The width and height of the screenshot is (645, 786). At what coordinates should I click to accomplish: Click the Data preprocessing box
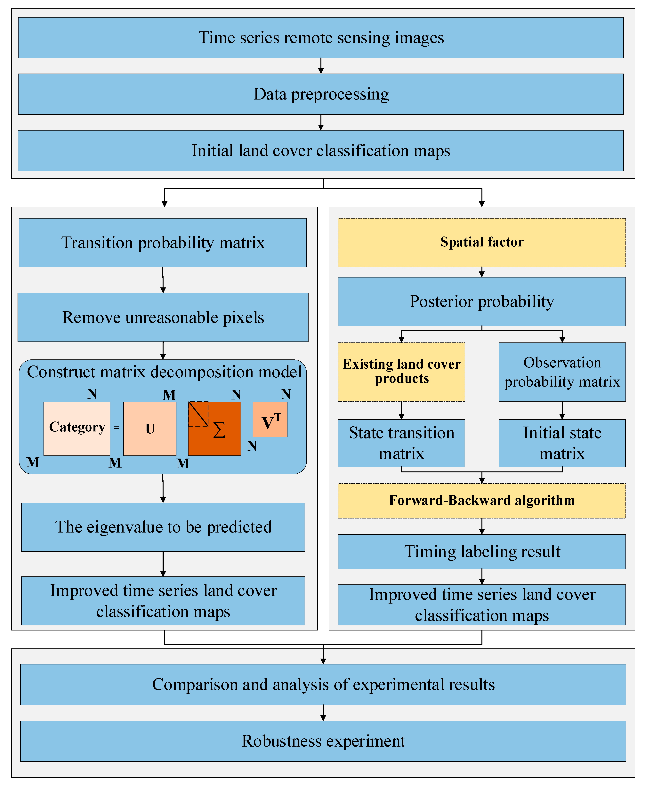[321, 94]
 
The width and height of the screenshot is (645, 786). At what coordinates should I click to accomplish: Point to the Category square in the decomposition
[77, 428]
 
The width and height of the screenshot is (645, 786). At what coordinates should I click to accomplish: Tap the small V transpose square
[270, 419]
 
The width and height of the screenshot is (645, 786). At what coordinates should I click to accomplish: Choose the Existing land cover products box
[401, 372]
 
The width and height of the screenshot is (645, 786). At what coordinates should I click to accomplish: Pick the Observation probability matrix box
[562, 372]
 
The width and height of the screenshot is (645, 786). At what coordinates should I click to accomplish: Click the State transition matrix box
[401, 443]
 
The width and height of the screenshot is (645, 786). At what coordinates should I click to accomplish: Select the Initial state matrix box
[562, 443]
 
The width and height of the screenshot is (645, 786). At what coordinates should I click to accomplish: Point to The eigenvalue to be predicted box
[163, 527]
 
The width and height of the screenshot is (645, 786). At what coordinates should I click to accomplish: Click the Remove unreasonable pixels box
[163, 317]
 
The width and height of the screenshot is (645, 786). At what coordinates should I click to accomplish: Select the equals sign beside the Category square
[117, 428]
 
